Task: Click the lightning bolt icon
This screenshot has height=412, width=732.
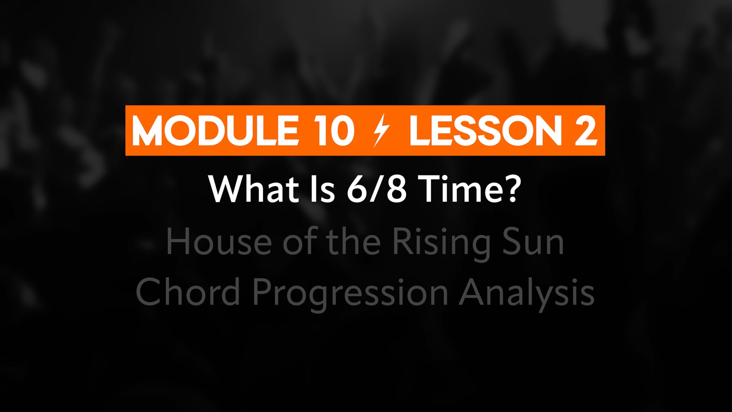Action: [x=381, y=130]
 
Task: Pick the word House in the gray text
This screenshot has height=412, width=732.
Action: [x=219, y=242]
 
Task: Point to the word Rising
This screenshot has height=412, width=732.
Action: [x=441, y=244]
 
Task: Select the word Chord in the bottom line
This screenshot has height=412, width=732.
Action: [x=188, y=291]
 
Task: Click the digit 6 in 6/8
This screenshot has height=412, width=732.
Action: [x=357, y=189]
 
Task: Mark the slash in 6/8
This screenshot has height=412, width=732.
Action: [x=377, y=189]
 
